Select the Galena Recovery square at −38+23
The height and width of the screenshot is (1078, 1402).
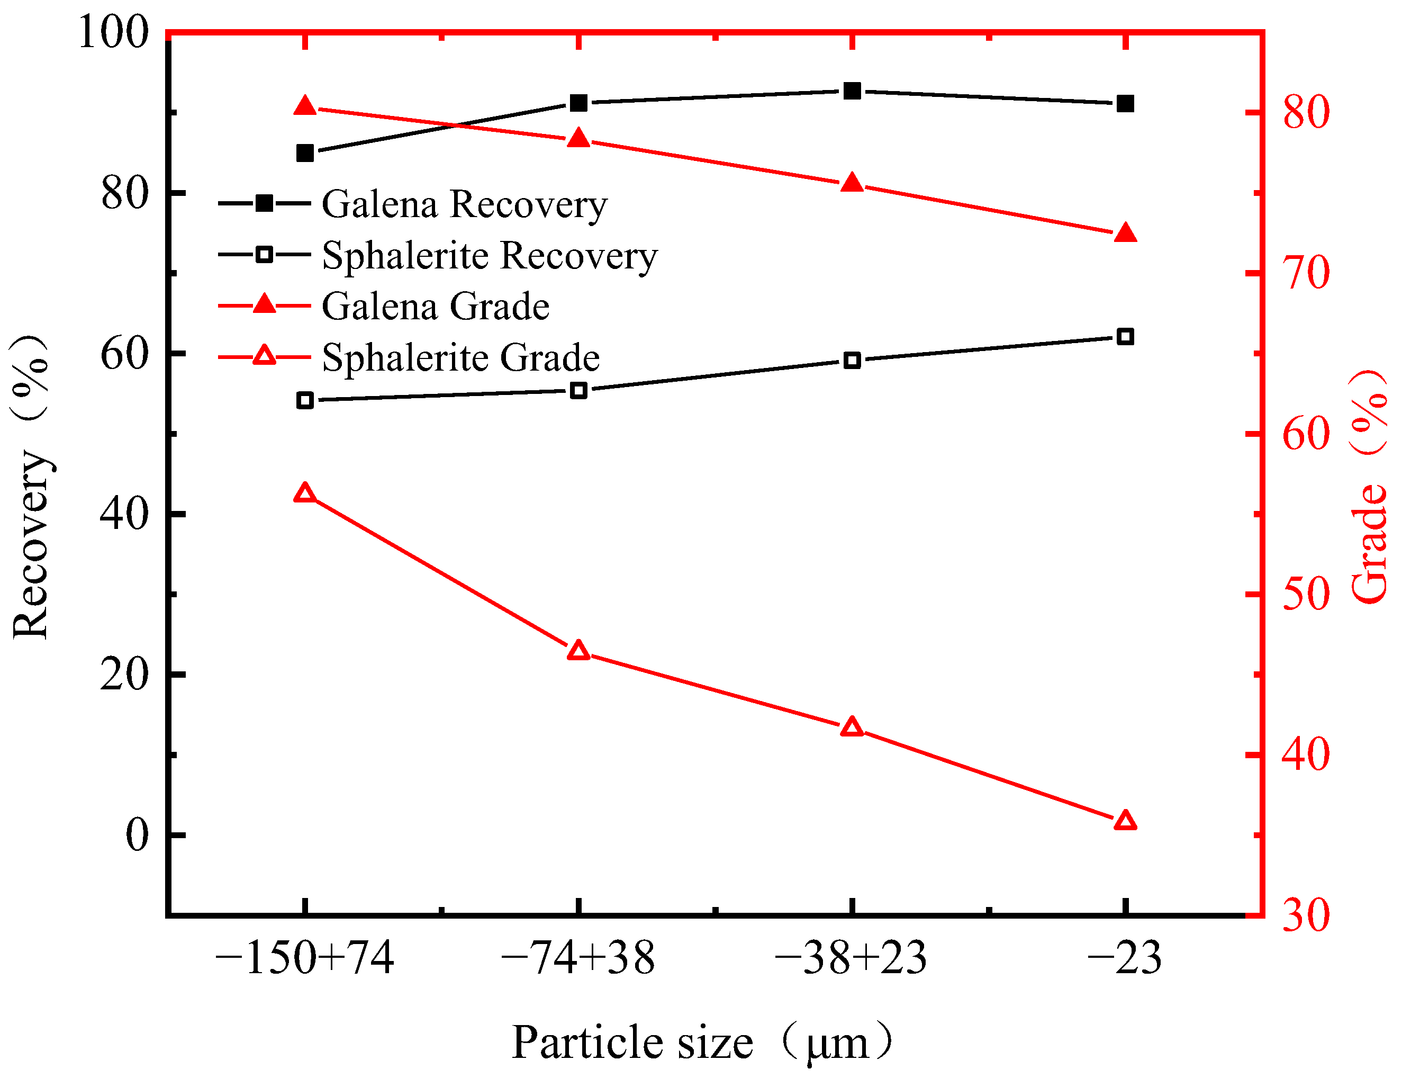click(852, 91)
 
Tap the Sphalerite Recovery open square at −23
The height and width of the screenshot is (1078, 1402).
click(1126, 336)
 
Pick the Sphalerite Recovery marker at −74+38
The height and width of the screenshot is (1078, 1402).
click(578, 390)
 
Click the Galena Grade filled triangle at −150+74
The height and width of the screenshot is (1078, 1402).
click(305, 106)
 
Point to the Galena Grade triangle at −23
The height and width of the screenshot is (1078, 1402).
click(1126, 233)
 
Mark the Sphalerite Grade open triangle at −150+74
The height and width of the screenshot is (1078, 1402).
click(305, 493)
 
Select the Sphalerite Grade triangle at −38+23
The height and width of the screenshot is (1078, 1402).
click(852, 727)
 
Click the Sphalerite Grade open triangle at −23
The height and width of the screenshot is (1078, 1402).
click(1126, 821)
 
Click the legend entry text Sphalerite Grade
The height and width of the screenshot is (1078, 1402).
click(460, 357)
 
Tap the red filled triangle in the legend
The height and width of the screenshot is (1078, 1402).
click(264, 304)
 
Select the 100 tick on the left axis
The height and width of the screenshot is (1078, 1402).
click(113, 32)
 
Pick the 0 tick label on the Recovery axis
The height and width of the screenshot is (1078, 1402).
click(137, 835)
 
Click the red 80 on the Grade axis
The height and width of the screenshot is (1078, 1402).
click(1306, 112)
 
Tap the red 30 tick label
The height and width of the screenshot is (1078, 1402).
click(1306, 915)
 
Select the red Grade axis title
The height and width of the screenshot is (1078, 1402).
click(1368, 488)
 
